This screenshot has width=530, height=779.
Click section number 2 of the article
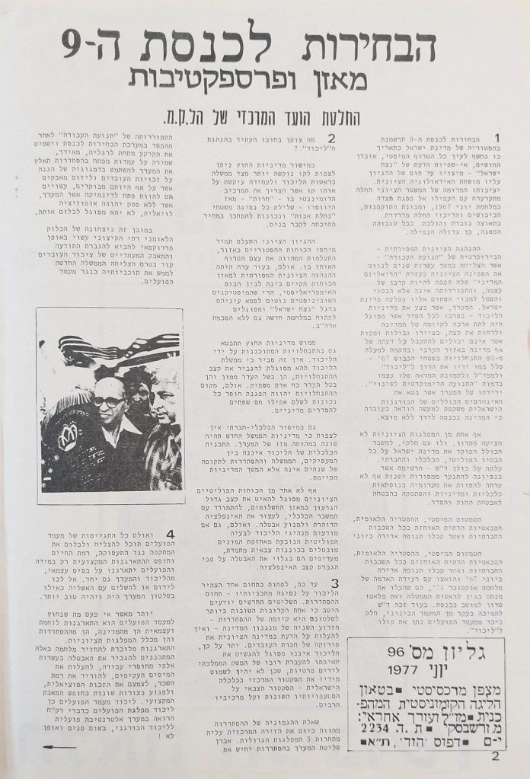click(x=332, y=138)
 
